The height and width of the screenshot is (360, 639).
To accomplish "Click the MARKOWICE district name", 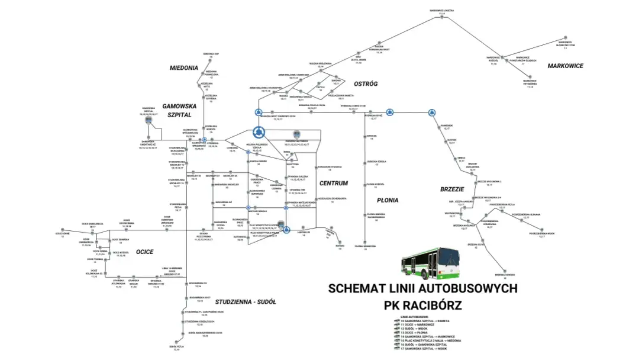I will (x=565, y=66).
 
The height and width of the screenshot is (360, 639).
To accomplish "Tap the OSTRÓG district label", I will (x=365, y=83).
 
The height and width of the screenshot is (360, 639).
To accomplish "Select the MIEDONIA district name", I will (x=183, y=67).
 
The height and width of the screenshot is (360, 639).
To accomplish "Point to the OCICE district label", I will (x=144, y=252).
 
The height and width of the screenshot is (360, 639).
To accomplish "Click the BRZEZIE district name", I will (x=452, y=189).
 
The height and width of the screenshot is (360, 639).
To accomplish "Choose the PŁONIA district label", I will (x=388, y=200).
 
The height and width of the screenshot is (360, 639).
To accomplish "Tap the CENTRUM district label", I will (x=334, y=183).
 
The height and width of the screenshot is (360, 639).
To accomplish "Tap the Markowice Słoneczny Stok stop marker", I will (x=566, y=49).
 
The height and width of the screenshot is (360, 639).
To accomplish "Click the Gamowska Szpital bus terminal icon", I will (x=148, y=119).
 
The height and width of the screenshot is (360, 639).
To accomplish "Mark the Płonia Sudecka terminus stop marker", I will (x=367, y=242).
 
